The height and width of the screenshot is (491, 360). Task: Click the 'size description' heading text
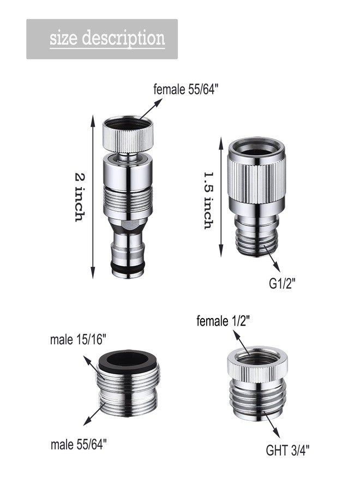click(x=107, y=39)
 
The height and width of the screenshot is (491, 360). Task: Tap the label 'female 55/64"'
click(x=185, y=89)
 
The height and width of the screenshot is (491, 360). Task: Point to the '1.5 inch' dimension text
click(x=209, y=200)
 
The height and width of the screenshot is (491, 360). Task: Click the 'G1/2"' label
click(x=282, y=284)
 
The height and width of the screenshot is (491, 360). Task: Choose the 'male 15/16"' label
click(x=78, y=339)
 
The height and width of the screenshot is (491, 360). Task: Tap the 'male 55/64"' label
click(x=79, y=444)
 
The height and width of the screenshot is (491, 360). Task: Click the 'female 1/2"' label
click(x=223, y=321)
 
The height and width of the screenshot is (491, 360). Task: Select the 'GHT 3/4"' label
click(x=287, y=451)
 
